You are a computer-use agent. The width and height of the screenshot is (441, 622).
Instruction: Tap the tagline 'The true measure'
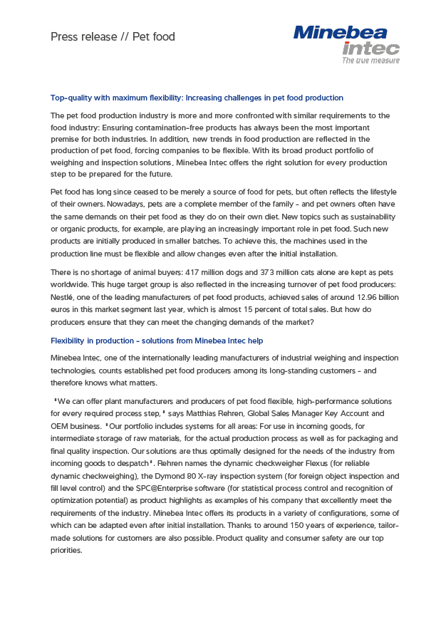click(370, 61)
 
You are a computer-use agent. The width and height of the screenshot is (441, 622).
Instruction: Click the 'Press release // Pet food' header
click(113, 36)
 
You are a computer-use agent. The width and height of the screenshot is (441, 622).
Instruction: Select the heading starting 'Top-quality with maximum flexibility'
click(197, 98)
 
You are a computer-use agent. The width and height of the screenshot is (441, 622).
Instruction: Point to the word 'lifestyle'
click(379, 192)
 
